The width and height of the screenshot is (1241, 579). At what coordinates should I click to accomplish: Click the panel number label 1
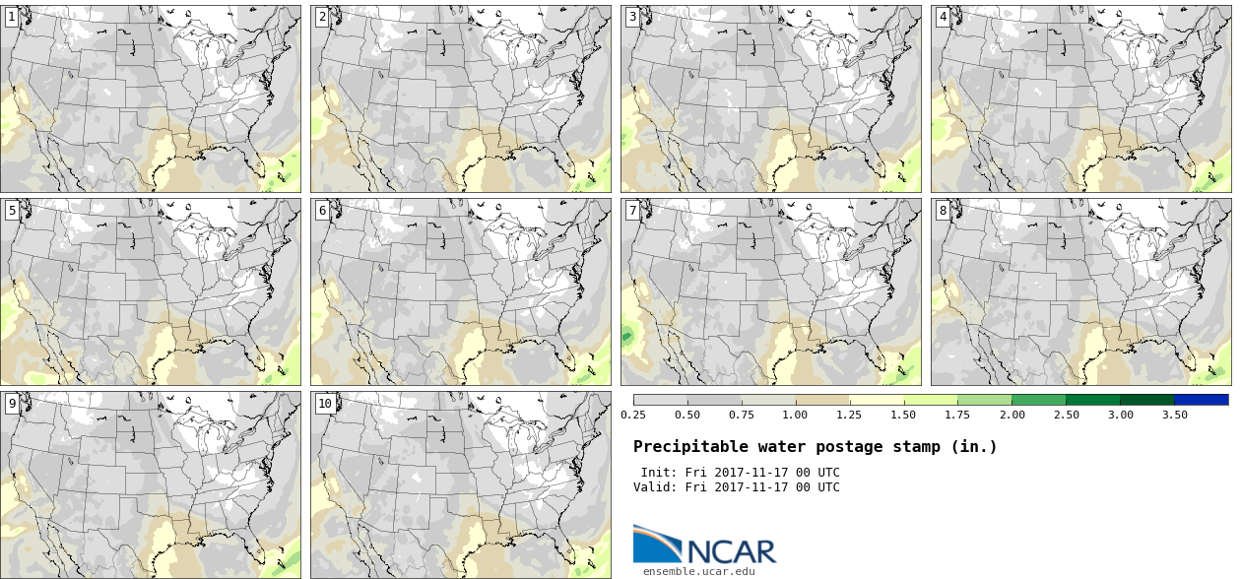coord(11,17)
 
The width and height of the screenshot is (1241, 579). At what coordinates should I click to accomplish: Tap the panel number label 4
coord(943,17)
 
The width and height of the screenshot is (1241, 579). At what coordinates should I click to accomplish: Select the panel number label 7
coord(632,210)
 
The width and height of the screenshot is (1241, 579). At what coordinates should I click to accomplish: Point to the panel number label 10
coord(325,403)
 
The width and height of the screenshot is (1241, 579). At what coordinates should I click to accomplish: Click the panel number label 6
coord(321,210)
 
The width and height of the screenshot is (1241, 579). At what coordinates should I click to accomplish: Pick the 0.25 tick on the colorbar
coord(632,415)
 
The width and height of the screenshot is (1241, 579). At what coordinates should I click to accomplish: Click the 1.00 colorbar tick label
coord(795,415)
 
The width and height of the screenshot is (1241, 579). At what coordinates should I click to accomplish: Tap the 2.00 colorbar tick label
coord(1012,415)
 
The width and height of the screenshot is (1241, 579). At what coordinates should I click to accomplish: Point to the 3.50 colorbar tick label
coord(1174,415)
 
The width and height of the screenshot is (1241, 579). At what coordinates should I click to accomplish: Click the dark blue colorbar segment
coord(1201,400)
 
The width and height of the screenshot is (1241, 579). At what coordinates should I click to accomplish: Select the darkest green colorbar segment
coord(1146,400)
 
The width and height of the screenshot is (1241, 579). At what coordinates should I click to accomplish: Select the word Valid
coord(653,487)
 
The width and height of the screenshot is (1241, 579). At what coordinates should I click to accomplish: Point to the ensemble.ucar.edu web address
coord(698,570)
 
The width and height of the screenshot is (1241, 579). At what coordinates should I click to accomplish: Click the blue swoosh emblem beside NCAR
coord(656,543)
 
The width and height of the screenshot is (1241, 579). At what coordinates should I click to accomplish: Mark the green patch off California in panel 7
coord(625,337)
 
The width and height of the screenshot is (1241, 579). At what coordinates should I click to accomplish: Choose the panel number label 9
coord(11,403)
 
